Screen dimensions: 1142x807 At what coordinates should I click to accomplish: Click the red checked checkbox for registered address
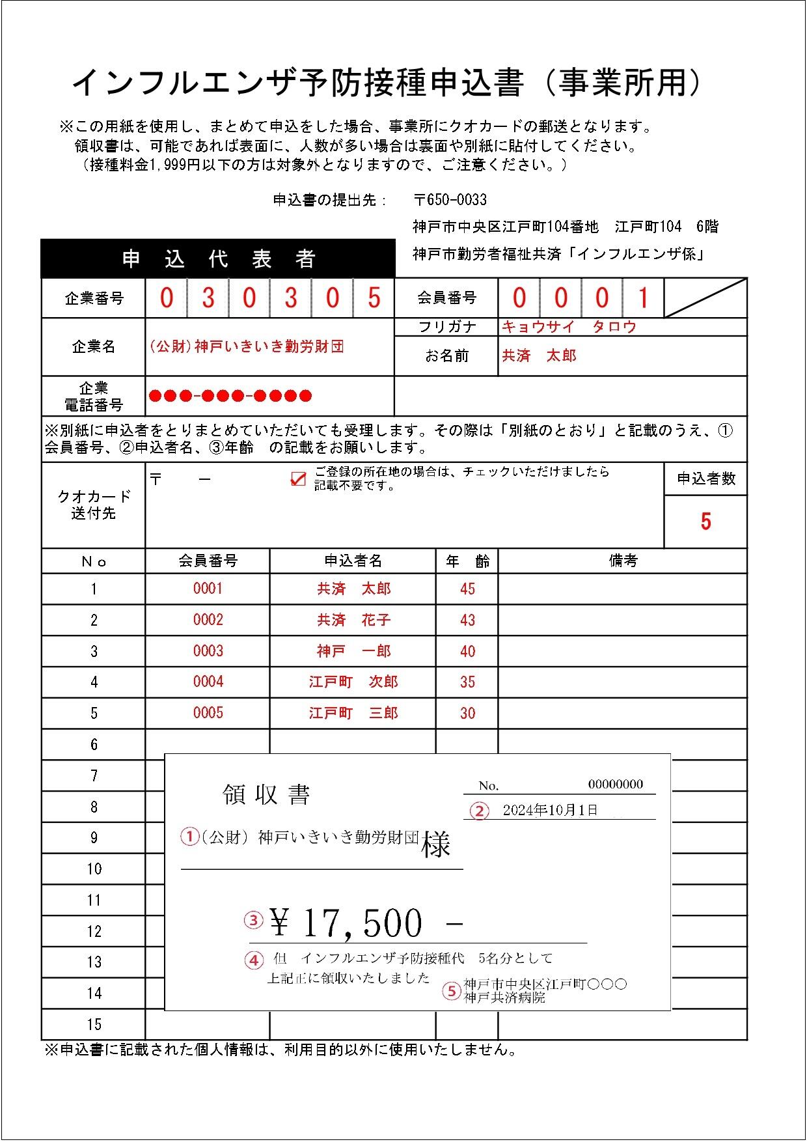[x=297, y=479]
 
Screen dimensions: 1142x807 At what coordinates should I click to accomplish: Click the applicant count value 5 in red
[x=705, y=522]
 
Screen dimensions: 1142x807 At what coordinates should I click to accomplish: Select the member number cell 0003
[x=208, y=650]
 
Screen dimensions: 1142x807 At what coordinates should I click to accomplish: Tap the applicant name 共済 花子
[x=354, y=620]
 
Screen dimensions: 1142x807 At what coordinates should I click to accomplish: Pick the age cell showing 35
[x=467, y=682]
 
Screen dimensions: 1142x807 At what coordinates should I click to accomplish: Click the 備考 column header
[x=623, y=561]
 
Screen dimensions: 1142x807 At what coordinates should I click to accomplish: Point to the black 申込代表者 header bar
[x=218, y=259]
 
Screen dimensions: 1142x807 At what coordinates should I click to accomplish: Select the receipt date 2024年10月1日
[x=550, y=810]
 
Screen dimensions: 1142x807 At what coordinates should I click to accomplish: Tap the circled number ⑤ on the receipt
[x=451, y=991]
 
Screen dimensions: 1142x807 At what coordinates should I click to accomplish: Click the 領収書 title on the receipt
[x=266, y=794]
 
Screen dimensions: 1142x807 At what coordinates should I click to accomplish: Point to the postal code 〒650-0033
[x=450, y=200]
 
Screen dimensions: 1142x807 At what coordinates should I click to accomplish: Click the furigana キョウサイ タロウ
[x=568, y=327]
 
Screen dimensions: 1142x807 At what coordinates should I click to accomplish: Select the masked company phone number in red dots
[x=230, y=396]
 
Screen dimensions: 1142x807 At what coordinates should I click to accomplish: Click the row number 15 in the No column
[x=94, y=1024]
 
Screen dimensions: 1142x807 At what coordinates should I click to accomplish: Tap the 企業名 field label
[x=94, y=346]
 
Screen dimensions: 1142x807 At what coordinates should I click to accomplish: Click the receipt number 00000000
[x=615, y=784]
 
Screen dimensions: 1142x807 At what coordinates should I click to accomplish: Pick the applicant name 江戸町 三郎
[x=354, y=713]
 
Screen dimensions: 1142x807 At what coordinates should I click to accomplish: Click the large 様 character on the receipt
[x=435, y=844]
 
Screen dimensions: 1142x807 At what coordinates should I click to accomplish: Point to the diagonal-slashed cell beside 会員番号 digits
[x=705, y=298]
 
